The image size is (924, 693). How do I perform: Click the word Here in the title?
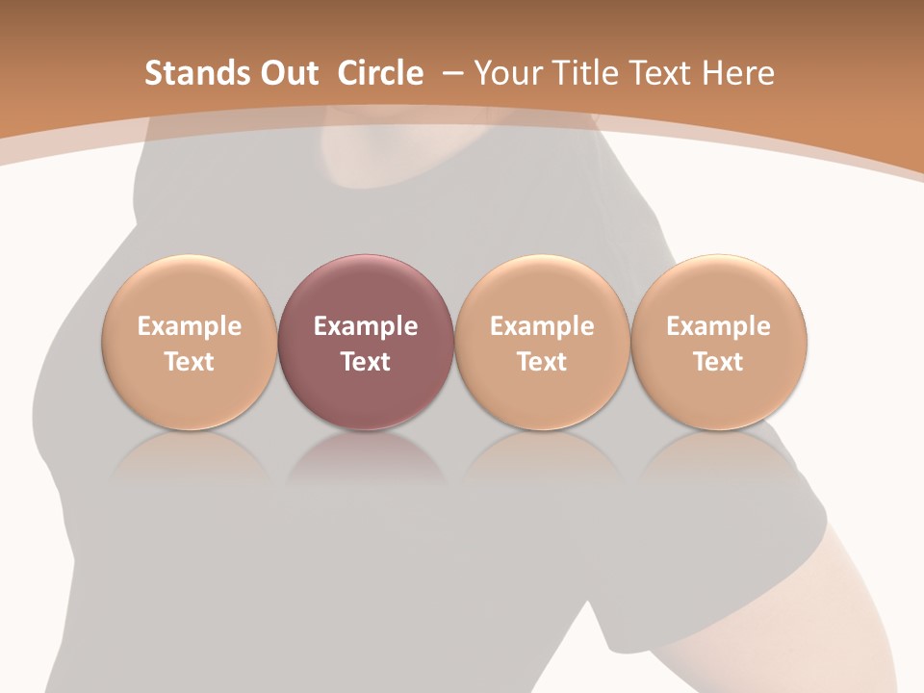(737, 73)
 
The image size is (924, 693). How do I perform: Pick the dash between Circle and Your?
(449, 73)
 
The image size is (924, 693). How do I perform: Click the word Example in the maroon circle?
(366, 326)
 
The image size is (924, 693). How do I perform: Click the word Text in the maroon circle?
(366, 362)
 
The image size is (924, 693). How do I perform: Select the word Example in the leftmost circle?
(190, 326)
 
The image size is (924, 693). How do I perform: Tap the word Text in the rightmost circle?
(719, 362)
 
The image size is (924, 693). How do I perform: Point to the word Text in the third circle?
(542, 362)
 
